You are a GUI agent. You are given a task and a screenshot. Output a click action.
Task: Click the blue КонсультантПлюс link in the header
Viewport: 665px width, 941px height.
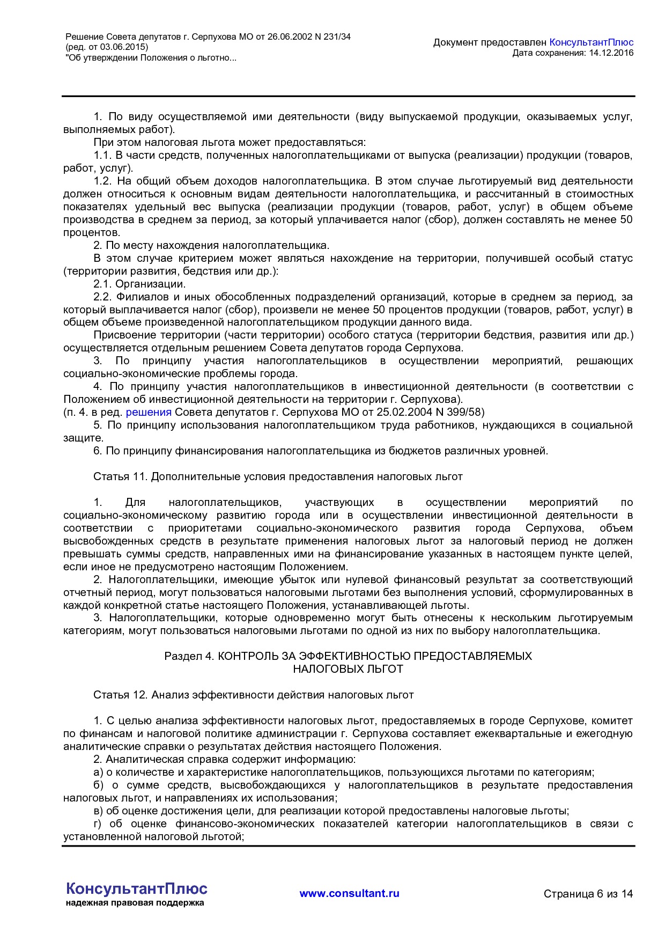click(591, 42)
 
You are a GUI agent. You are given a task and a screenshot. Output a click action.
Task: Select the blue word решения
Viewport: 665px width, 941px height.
click(149, 412)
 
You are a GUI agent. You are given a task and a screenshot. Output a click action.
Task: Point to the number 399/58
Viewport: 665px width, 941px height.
click(465, 412)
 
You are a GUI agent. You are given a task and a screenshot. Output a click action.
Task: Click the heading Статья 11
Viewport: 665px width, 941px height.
click(120, 476)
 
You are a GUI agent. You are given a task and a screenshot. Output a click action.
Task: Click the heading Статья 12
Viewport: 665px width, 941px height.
click(120, 695)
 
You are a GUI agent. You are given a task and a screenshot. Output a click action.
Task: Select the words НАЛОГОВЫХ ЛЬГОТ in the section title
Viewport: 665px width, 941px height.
click(348, 669)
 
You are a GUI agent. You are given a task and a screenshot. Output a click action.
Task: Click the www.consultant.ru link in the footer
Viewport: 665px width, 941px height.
click(349, 893)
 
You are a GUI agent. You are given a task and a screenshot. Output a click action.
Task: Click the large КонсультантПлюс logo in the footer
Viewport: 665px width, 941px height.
click(136, 888)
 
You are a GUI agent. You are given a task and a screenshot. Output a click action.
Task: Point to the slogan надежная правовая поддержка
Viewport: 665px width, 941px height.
click(135, 903)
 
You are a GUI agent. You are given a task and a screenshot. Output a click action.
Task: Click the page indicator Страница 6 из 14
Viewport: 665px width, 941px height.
click(588, 894)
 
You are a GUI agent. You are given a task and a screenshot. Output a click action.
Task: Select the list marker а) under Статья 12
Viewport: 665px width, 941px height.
click(98, 772)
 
